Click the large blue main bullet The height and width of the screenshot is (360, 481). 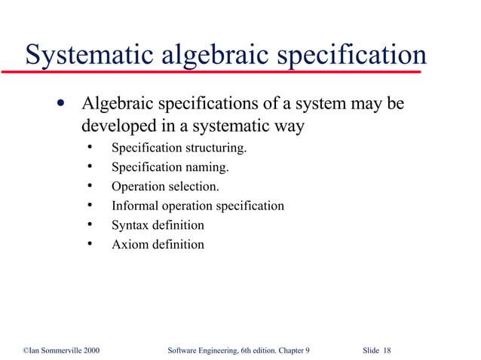(x=60, y=103)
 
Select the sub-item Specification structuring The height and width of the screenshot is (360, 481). (x=179, y=147)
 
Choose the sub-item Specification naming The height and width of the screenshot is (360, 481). (x=170, y=166)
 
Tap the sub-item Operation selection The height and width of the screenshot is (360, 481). (x=166, y=186)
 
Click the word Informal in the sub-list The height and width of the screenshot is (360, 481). (x=136, y=206)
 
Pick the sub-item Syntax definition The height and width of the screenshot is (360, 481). (x=158, y=225)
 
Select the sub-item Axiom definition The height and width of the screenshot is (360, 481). (x=158, y=245)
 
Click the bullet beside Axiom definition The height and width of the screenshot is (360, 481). (x=90, y=244)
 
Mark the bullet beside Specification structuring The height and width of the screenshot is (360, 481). (x=90, y=146)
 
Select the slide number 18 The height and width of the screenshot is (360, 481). (x=387, y=351)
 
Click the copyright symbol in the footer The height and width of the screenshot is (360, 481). (x=26, y=351)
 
